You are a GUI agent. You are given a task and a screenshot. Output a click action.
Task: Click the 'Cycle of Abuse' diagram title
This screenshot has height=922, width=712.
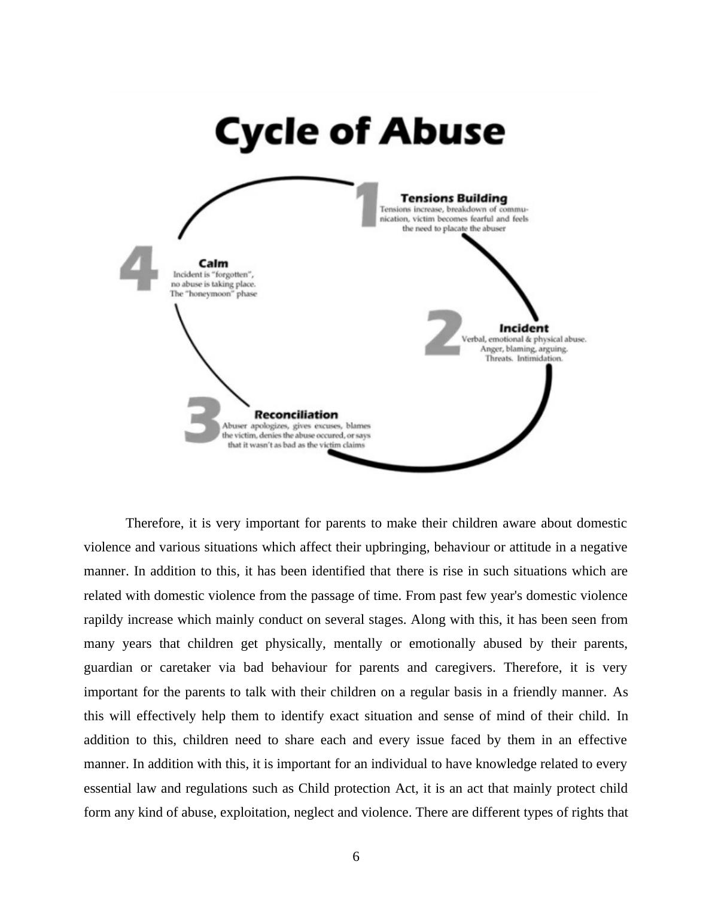pyautogui.click(x=360, y=131)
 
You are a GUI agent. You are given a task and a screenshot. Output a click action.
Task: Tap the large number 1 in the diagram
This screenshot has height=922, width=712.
pyautogui.click(x=367, y=205)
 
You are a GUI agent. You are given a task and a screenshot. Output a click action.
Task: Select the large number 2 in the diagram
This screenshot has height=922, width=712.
pyautogui.click(x=443, y=333)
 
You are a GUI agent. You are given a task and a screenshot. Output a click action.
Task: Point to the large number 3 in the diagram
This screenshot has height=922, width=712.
pyautogui.click(x=202, y=419)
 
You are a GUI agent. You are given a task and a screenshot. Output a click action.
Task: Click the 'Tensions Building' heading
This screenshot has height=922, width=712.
pyautogui.click(x=454, y=198)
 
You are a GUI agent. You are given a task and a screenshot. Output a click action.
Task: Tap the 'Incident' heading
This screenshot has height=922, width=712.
pyautogui.click(x=524, y=328)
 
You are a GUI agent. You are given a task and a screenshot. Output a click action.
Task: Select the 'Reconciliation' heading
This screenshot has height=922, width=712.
pyautogui.click(x=296, y=414)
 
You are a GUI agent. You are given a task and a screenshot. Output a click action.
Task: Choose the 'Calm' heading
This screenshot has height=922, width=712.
pyautogui.click(x=214, y=263)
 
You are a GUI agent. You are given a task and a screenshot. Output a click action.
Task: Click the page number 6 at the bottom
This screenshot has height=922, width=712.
pyautogui.click(x=356, y=857)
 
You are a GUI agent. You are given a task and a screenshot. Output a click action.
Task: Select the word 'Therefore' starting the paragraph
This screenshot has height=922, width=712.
pyautogui.click(x=154, y=523)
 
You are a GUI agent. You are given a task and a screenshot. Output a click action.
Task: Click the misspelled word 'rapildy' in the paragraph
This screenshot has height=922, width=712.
pyautogui.click(x=104, y=620)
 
